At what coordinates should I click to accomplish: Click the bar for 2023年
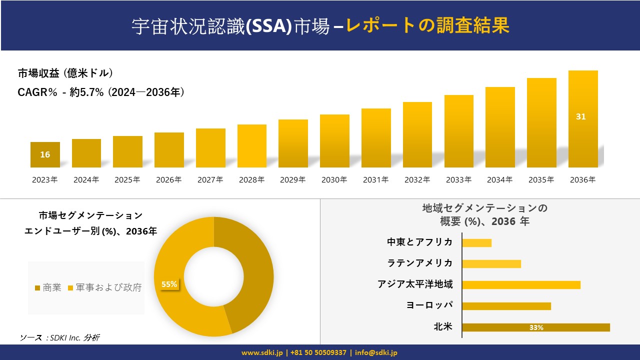(45, 155)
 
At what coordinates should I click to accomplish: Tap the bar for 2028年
(252, 146)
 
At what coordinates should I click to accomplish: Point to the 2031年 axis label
(375, 180)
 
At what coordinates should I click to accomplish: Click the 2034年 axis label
(499, 180)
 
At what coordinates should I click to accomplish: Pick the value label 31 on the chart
(580, 116)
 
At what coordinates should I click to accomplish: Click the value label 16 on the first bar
(45, 154)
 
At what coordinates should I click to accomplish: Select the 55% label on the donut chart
(169, 284)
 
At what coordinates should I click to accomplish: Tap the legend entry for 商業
(48, 287)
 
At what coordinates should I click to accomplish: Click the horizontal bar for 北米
(535, 327)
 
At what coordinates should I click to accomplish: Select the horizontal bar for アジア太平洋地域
(521, 285)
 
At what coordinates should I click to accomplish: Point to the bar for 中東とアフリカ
(476, 243)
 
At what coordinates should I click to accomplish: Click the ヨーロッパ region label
(430, 305)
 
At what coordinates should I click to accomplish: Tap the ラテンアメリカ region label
(420, 263)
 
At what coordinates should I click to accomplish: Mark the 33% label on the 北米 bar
(536, 328)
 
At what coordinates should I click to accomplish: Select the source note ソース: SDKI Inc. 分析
(59, 338)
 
